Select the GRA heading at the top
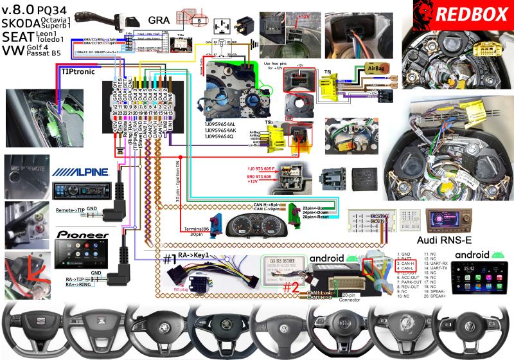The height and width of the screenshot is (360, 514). [x=154, y=20]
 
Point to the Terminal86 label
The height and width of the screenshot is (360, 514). [x=197, y=230]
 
